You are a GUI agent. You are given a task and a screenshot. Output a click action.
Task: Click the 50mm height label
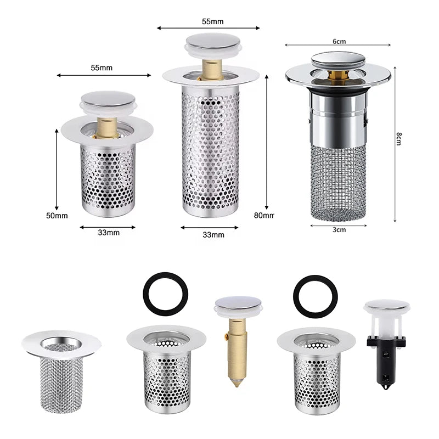[57, 216]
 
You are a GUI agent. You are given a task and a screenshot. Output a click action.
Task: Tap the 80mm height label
[264, 215]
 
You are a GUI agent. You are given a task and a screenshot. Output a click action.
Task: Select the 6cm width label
[339, 42]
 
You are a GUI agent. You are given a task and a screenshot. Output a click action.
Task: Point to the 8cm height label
[399, 139]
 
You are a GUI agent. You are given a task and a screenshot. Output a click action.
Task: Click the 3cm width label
[339, 230]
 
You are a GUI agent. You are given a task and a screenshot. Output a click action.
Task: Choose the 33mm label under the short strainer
[109, 232]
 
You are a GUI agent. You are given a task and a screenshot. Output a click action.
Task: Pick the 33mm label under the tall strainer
[213, 235]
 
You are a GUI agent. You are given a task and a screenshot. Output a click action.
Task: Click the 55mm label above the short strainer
[102, 67]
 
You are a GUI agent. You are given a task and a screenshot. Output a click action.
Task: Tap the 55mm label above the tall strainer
[213, 21]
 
